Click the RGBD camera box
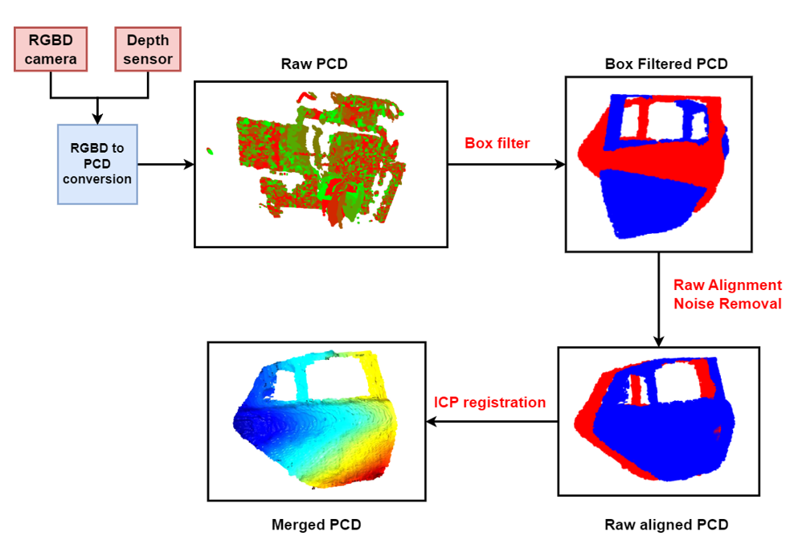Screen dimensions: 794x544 coord(51,49)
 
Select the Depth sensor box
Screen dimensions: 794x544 coord(148,49)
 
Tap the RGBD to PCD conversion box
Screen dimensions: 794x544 coord(97,164)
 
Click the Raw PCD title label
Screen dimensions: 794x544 coord(314,63)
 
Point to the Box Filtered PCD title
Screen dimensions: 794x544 coord(666,63)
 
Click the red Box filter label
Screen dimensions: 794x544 coord(497,143)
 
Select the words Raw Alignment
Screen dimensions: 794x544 coord(727,285)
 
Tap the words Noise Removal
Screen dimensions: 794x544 coord(727,304)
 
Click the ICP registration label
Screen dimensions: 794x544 coord(489,403)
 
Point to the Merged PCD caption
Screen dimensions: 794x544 coord(317,525)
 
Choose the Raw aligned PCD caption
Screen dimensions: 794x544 coord(666,525)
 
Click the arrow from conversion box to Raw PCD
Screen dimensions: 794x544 coord(166,164)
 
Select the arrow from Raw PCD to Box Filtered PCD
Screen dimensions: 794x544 coord(507,164)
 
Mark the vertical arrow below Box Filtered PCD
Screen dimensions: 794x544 coord(659,300)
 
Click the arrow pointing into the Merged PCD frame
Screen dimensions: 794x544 coord(492,421)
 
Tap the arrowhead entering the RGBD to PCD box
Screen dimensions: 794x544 coord(97,119)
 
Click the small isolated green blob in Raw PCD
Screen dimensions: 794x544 coord(210,151)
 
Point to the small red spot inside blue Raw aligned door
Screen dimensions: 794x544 coord(718,431)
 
